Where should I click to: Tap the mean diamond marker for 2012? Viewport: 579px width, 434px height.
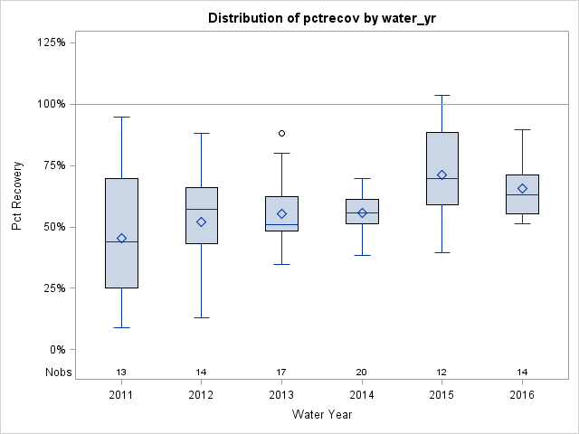pos(202,222)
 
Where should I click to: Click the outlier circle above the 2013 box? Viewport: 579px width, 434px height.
pos(282,133)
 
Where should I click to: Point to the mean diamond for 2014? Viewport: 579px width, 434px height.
pos(362,213)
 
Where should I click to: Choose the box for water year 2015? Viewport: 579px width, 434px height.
pos(442,168)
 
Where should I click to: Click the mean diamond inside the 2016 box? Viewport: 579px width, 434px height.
pos(522,189)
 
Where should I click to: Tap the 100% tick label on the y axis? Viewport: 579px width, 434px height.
pos(52,104)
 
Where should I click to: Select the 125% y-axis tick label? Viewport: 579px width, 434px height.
pos(52,42)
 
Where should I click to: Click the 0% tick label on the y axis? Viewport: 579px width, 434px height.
pos(57,350)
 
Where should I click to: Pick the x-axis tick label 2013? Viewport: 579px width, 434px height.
pos(282,395)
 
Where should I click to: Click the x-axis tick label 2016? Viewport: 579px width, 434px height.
pos(522,395)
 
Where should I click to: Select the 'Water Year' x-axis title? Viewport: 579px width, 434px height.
pos(321,415)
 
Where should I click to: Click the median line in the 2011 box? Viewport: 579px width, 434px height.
pos(121,242)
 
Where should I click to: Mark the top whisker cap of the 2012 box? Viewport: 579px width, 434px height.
pos(202,134)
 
